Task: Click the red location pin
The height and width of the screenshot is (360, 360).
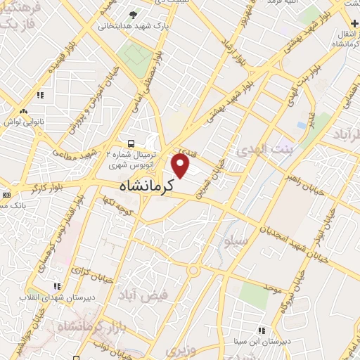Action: (x=181, y=166)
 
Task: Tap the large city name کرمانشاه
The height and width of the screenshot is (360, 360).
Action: (x=146, y=186)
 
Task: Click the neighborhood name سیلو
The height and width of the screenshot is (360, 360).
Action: (x=237, y=242)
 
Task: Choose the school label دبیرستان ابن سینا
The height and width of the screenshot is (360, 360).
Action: (x=261, y=340)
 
